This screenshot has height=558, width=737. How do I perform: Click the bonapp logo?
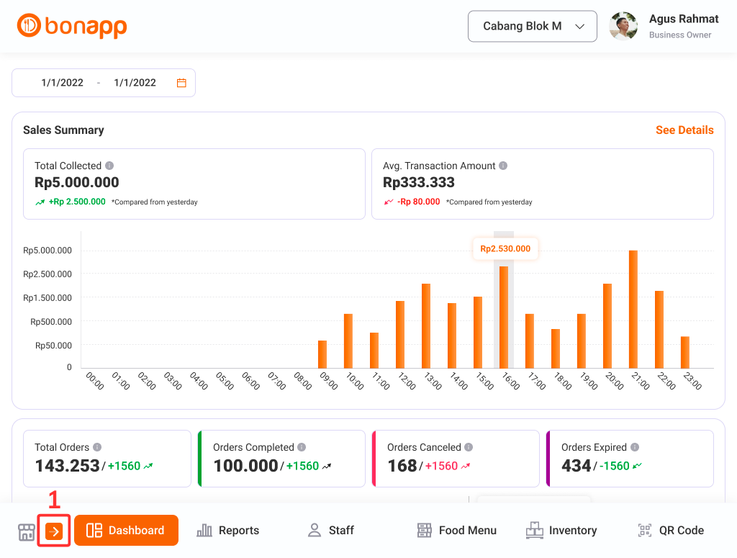pos(72,27)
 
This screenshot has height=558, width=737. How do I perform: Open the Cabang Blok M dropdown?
pos(532,27)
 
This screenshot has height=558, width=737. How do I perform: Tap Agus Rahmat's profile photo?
pos(623,27)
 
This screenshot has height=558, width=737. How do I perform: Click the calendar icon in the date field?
pos(181,83)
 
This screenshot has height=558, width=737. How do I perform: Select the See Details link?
pos(684,130)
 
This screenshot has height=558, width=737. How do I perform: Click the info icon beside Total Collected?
pos(109,166)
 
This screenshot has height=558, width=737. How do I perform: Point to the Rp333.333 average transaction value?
pos(419,183)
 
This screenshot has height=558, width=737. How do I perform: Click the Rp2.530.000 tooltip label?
pos(505,249)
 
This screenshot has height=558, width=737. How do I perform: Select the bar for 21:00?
pos(633,309)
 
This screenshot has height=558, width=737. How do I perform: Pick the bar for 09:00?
pos(322,354)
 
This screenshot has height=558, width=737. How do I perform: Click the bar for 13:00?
pos(426,325)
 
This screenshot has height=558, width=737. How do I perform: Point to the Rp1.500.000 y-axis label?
pos(48,298)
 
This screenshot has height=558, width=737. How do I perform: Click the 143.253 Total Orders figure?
pos(68,466)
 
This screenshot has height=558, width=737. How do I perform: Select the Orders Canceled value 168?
pos(402,466)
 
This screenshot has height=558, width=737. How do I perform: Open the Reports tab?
pos(228,531)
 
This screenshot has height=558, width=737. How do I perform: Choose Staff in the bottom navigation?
pos(331,531)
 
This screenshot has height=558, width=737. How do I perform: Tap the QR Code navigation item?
pos(671,531)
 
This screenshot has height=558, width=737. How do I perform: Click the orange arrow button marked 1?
pos(54,531)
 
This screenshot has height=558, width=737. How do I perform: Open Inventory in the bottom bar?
pos(561,531)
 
